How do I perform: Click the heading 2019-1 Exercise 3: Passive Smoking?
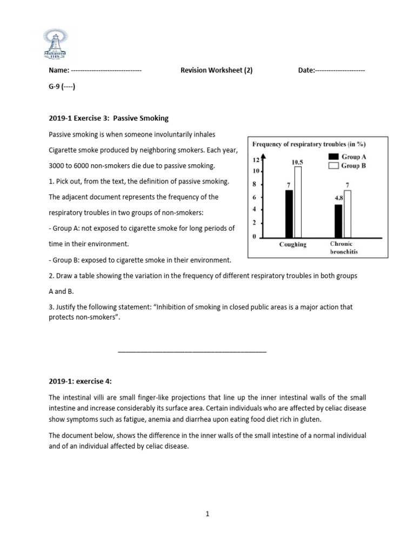pyautogui.click(x=109, y=118)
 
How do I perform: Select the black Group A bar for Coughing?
pyautogui.click(x=289, y=213)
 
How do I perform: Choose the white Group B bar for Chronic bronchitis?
pyautogui.click(x=347, y=213)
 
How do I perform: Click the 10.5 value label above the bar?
pyautogui.click(x=297, y=161)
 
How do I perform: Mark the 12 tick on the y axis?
pyautogui.click(x=255, y=160)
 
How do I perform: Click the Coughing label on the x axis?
pyautogui.click(x=292, y=245)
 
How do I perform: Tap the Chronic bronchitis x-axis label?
pyautogui.click(x=342, y=248)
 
